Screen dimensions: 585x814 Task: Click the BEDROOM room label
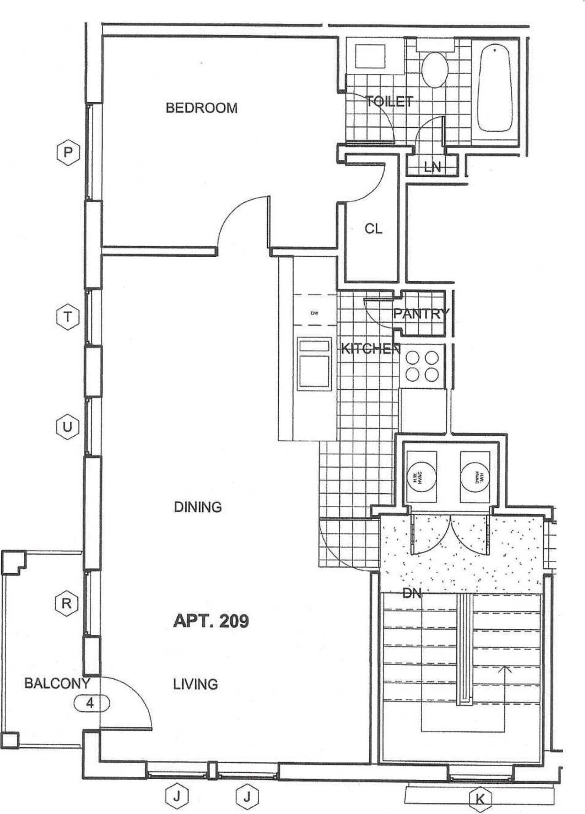point(201,108)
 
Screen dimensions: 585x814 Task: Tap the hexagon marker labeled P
point(68,152)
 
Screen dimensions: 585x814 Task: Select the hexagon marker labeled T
point(68,316)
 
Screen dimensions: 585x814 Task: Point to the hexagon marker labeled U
point(68,427)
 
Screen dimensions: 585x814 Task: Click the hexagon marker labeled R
point(66,603)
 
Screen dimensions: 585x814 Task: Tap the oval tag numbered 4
point(91,703)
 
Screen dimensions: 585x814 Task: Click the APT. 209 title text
point(211,621)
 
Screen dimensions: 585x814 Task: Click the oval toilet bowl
point(434,70)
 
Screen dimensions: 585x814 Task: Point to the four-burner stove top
point(422,366)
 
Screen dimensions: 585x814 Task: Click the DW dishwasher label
point(314,313)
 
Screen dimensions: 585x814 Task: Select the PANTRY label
point(421,314)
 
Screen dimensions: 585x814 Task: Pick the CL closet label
point(373,229)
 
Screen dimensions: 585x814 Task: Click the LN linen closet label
point(432,167)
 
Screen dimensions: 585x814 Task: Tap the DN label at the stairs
point(412,594)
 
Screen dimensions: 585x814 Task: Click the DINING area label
point(198,507)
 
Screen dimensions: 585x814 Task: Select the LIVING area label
point(195,684)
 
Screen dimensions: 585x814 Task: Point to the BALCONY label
point(57,683)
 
